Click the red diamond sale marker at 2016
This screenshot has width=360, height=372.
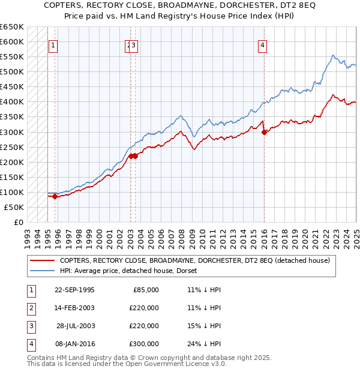(x=264, y=133)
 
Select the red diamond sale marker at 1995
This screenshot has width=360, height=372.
(x=55, y=196)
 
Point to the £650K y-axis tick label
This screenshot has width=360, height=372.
(x=12, y=27)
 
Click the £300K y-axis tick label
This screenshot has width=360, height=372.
(x=12, y=132)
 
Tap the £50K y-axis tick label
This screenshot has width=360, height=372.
(x=14, y=207)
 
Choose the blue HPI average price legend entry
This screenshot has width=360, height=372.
(x=132, y=271)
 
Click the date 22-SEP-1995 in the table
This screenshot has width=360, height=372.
(x=74, y=290)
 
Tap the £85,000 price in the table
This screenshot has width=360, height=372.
(x=145, y=290)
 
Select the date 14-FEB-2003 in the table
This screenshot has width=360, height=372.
(x=74, y=308)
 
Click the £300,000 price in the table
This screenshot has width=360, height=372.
(x=143, y=344)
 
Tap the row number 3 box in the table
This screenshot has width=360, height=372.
(x=29, y=326)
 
